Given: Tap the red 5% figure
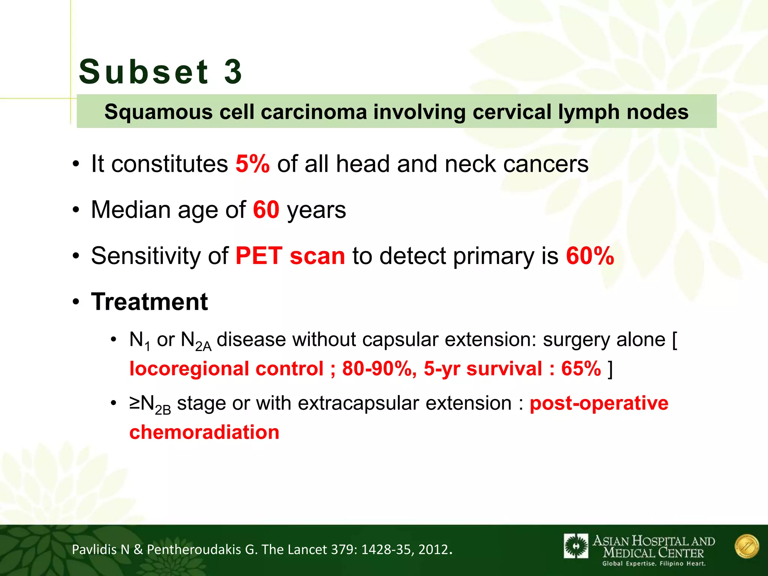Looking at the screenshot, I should coord(252,164).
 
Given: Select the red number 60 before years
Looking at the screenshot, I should coord(266,210).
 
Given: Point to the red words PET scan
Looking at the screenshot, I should coord(290,256).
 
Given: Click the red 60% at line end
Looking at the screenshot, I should coord(590,256).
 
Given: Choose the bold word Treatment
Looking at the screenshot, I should coord(149,301).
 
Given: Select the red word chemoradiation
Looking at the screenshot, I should coord(204,432).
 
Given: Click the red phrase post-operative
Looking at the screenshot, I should coord(599,403).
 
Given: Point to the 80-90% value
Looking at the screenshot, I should coord(379,369).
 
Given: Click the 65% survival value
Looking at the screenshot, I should coord(581,369).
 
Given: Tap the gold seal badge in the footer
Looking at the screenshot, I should coord(747,546).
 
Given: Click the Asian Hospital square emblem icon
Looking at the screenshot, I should coord(576,546).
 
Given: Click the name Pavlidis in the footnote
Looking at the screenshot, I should coord(94,549).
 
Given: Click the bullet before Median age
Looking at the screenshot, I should coord(76,210).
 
